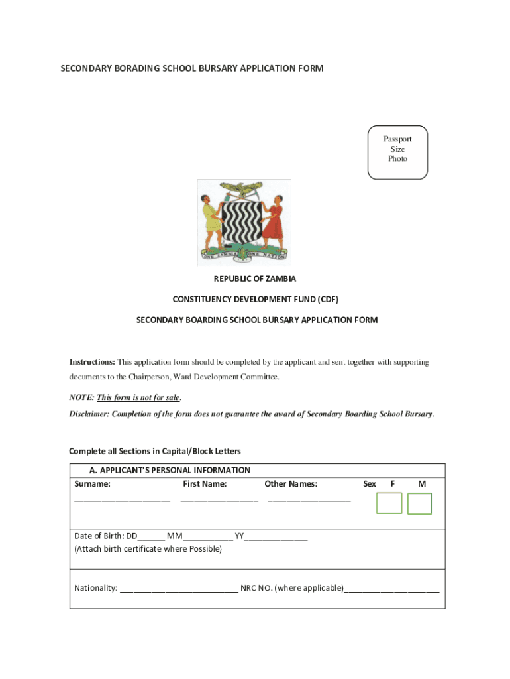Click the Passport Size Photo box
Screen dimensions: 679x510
397,152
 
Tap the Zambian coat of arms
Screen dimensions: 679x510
243,222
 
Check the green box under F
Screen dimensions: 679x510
389,503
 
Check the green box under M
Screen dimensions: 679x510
419,503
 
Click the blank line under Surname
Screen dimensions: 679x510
122,499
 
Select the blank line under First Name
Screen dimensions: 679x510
219,499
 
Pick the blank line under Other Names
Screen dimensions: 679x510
309,499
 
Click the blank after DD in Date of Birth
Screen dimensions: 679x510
152,538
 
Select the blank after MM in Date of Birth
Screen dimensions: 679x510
208,538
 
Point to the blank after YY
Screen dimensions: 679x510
276,538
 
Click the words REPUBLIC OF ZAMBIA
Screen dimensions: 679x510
254,278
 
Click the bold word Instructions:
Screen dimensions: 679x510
93,362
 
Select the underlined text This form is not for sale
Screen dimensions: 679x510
138,398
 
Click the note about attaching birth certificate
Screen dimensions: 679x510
148,549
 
